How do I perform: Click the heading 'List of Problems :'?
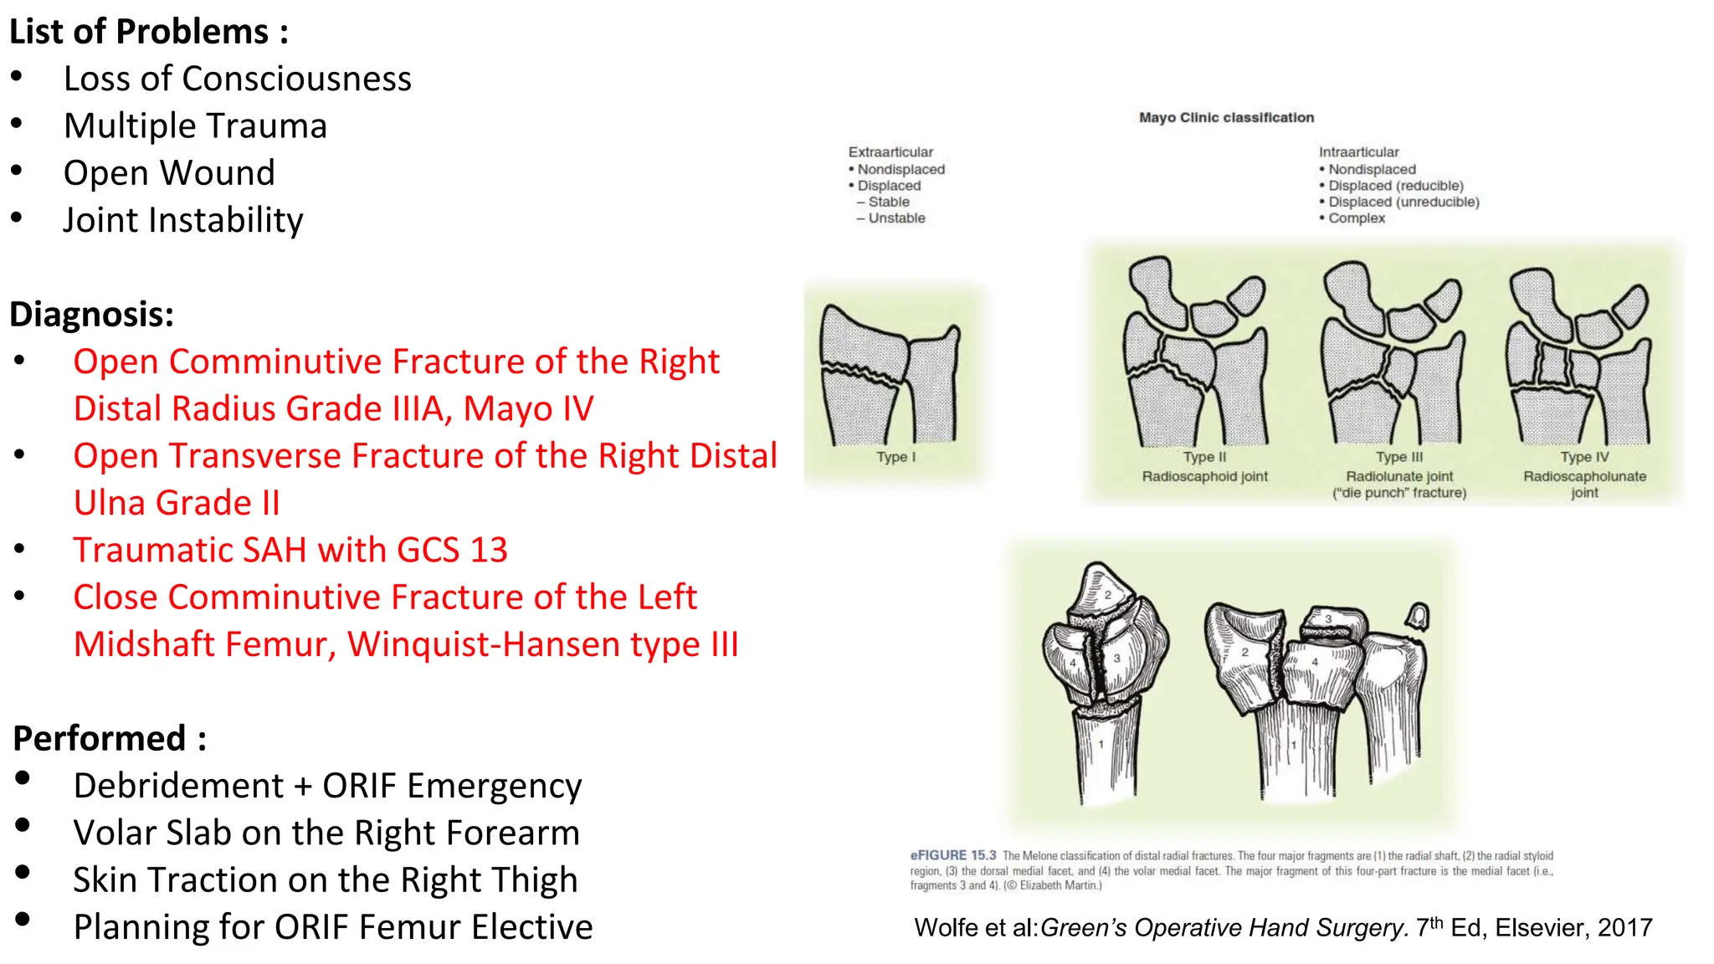point(148,32)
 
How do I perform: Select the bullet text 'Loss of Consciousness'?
point(238,79)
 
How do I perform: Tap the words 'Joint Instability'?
point(183,220)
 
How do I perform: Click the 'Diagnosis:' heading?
point(91,315)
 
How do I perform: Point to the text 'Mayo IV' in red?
point(528,409)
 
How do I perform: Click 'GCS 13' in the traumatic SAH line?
point(452,551)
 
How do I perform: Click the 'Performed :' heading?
point(110,739)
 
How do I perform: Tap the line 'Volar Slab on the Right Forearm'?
point(326,833)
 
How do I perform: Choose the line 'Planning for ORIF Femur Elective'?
point(333,927)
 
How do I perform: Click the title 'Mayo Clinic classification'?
point(1226,118)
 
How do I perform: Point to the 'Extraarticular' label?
point(890,152)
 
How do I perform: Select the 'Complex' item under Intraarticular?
point(1357,218)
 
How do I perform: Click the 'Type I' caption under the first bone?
point(895,457)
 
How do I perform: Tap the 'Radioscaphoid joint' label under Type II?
point(1204,476)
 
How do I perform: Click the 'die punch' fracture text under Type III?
point(1399,493)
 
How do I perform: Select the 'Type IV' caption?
point(1584,457)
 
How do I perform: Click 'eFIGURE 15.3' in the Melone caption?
point(952,855)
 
